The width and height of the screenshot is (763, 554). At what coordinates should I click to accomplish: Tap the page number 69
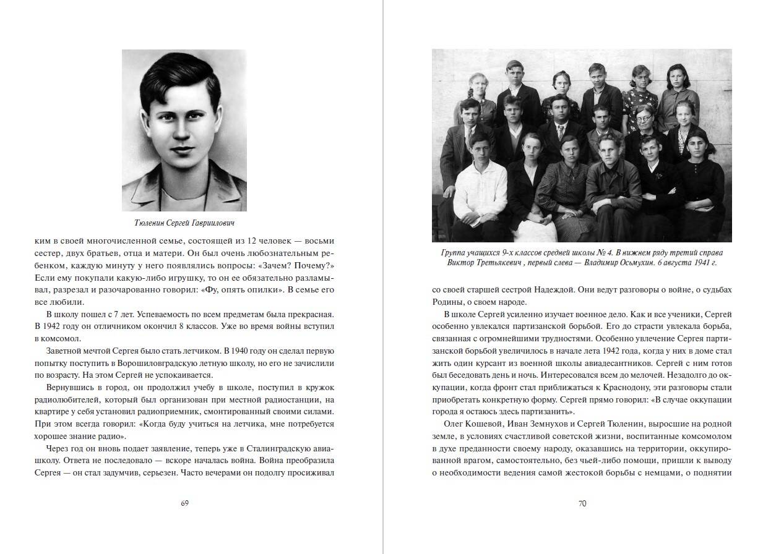184,503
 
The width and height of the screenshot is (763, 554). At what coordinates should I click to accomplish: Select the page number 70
582,503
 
